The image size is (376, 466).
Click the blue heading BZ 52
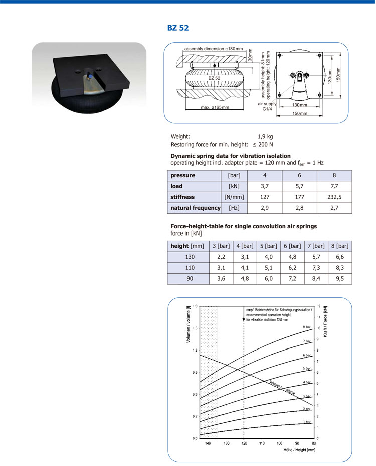pyautogui.click(x=178, y=28)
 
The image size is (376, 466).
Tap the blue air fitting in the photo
pyautogui.click(x=89, y=76)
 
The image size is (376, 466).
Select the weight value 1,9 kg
pyautogui.click(x=265, y=136)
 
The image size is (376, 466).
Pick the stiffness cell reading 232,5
pyautogui.click(x=334, y=197)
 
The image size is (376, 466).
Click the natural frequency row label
pyautogui.click(x=195, y=208)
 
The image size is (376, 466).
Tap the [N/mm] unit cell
pyautogui.click(x=234, y=197)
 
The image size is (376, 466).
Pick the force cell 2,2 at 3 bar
pyautogui.click(x=221, y=257)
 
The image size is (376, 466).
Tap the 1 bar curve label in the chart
pyautogui.click(x=307, y=422)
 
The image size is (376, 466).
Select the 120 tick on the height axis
pyautogui.click(x=244, y=444)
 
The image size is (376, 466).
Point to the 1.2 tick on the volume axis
pyautogui.click(x=195, y=350)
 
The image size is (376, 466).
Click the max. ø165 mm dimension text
pyautogui.click(x=215, y=107)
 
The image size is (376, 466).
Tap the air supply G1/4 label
pyautogui.click(x=267, y=106)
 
